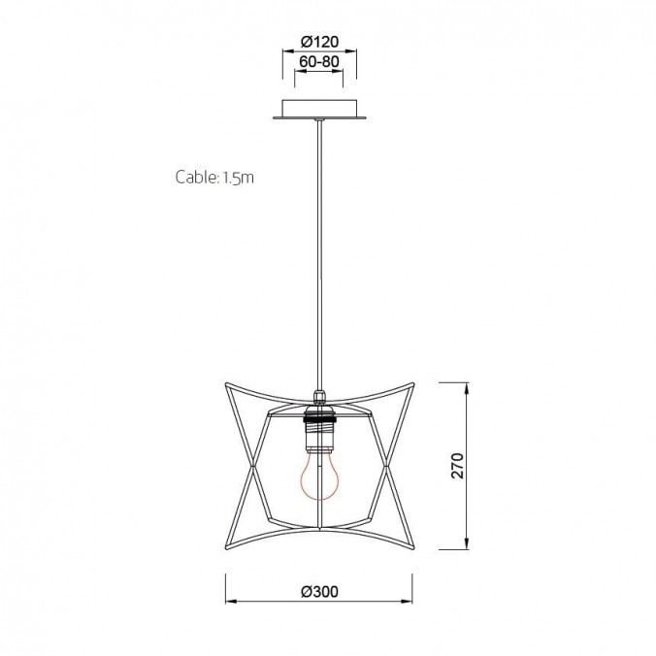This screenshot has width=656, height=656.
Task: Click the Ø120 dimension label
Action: click(319, 43)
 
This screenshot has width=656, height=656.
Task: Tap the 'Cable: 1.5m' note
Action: click(214, 178)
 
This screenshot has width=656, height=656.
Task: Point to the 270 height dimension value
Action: click(459, 466)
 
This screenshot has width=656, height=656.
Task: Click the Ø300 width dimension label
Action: click(319, 591)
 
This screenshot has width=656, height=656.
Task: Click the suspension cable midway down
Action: click(319, 252)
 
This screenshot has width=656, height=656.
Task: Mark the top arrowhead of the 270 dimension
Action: click(469, 387)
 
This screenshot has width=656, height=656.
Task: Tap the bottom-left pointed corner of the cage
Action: click(227, 547)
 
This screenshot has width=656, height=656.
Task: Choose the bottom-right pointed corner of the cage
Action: click(411, 547)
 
